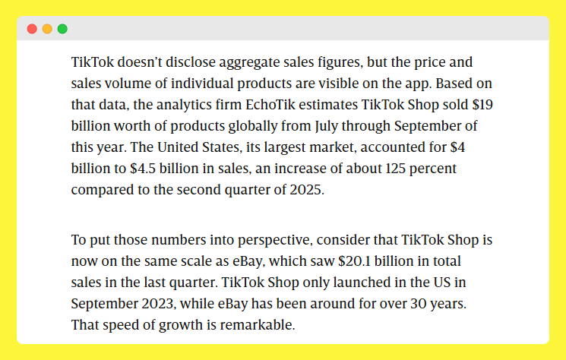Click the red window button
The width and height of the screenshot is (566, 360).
(32, 29)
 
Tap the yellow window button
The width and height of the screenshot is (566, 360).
(47, 29)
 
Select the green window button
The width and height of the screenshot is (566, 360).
(62, 29)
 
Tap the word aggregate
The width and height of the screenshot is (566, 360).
(223, 62)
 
